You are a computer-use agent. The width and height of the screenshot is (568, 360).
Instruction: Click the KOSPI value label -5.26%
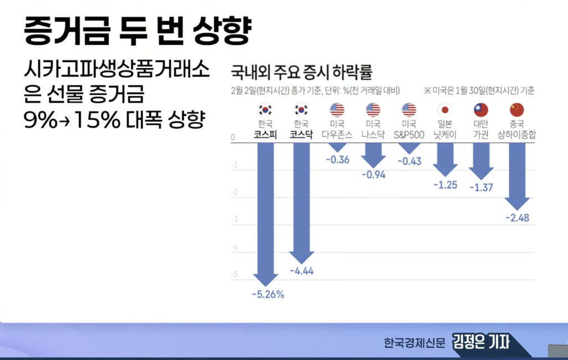(x=268, y=295)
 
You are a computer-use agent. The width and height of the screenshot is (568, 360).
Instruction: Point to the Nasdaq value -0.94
(x=373, y=175)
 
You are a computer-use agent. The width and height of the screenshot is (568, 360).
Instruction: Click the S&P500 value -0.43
(x=409, y=161)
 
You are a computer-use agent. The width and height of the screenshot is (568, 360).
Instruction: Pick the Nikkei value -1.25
(x=445, y=185)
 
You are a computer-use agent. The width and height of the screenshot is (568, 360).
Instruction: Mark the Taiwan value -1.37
(x=481, y=187)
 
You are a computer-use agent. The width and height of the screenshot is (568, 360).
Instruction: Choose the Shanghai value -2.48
(x=517, y=217)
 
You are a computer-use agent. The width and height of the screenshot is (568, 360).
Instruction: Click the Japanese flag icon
(x=445, y=109)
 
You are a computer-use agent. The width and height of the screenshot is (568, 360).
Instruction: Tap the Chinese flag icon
(x=517, y=109)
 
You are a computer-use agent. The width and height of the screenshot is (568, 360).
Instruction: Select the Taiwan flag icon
(x=481, y=109)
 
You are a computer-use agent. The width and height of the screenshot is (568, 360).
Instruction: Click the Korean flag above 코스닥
(x=301, y=109)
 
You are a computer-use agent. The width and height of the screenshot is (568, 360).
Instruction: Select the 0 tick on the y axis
(x=234, y=137)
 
